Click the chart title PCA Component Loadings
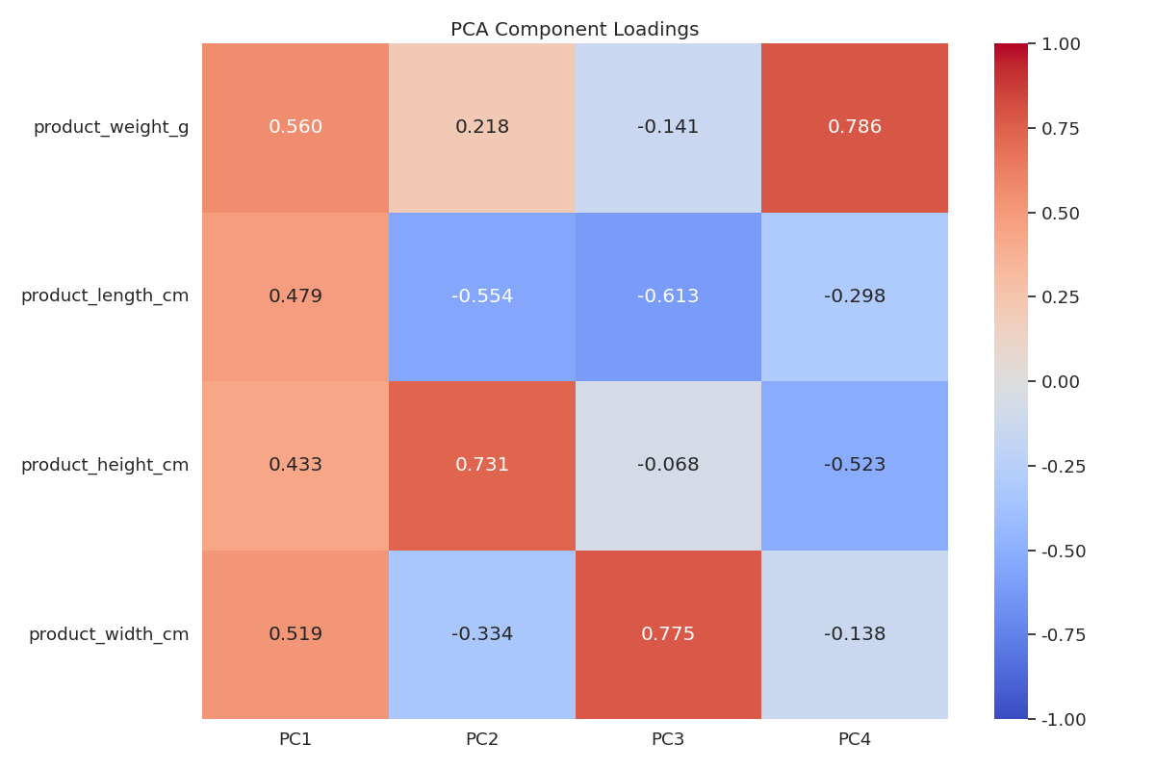(x=575, y=30)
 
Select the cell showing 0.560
(x=295, y=127)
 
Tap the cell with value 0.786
(x=855, y=127)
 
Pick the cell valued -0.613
(x=668, y=296)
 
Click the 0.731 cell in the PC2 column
(x=482, y=465)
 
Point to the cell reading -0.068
(x=668, y=465)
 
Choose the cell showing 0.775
(x=668, y=634)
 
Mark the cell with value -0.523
(x=855, y=465)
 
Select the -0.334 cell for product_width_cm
(x=482, y=634)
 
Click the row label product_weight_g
(x=111, y=127)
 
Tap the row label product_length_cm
(x=105, y=296)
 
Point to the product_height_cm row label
(x=105, y=465)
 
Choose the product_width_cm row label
(x=109, y=634)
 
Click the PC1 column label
(x=295, y=739)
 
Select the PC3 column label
(x=668, y=739)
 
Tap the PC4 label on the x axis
(x=855, y=739)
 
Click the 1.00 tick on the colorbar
(x=1061, y=44)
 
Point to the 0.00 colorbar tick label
(x=1061, y=382)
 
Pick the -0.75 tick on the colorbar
(x=1064, y=635)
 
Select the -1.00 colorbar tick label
(x=1064, y=720)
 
